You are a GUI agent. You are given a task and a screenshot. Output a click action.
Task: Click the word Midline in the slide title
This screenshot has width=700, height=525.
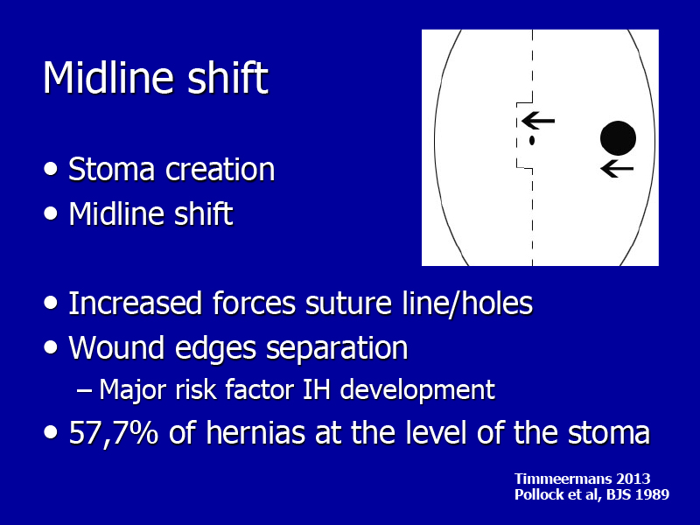[x=108, y=77]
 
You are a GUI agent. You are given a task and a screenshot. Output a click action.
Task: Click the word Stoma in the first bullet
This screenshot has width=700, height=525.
[x=112, y=170]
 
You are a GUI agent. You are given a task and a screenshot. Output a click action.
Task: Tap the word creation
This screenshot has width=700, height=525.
[x=220, y=170]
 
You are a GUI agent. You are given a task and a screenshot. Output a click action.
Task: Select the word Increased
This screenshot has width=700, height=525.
[x=136, y=303]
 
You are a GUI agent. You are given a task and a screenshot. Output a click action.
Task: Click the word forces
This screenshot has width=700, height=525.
[x=254, y=303]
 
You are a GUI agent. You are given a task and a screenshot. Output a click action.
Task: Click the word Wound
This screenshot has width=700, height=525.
[x=116, y=347]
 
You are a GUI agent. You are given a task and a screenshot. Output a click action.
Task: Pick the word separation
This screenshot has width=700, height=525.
[x=337, y=348]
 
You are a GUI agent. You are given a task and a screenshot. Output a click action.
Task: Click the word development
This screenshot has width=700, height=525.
[x=417, y=390]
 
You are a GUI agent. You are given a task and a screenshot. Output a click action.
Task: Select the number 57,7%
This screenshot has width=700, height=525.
[x=114, y=432]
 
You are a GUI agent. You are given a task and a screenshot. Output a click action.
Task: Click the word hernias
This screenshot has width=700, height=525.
[x=255, y=432]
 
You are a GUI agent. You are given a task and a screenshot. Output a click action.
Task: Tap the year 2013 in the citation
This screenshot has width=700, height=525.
[x=633, y=479]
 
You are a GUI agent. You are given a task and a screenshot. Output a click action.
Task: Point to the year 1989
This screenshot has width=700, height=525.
[x=653, y=494]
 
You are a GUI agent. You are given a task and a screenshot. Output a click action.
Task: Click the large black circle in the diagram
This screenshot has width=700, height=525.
[x=618, y=138]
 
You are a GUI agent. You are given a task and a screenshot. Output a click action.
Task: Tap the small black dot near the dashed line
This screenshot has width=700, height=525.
[x=532, y=140]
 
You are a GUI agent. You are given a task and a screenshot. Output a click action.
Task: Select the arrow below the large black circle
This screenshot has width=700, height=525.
[x=618, y=169]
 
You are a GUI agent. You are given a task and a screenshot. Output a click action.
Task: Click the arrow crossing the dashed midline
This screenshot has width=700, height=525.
[x=538, y=121]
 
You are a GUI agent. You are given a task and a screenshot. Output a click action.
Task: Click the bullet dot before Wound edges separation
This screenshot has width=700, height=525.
[x=51, y=347]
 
